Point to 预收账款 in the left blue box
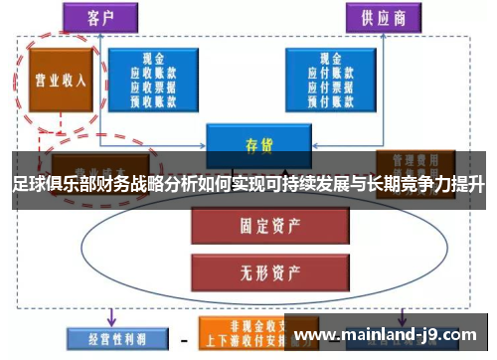pyautogui.click(x=154, y=99)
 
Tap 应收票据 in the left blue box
pyautogui.click(x=154, y=87)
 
